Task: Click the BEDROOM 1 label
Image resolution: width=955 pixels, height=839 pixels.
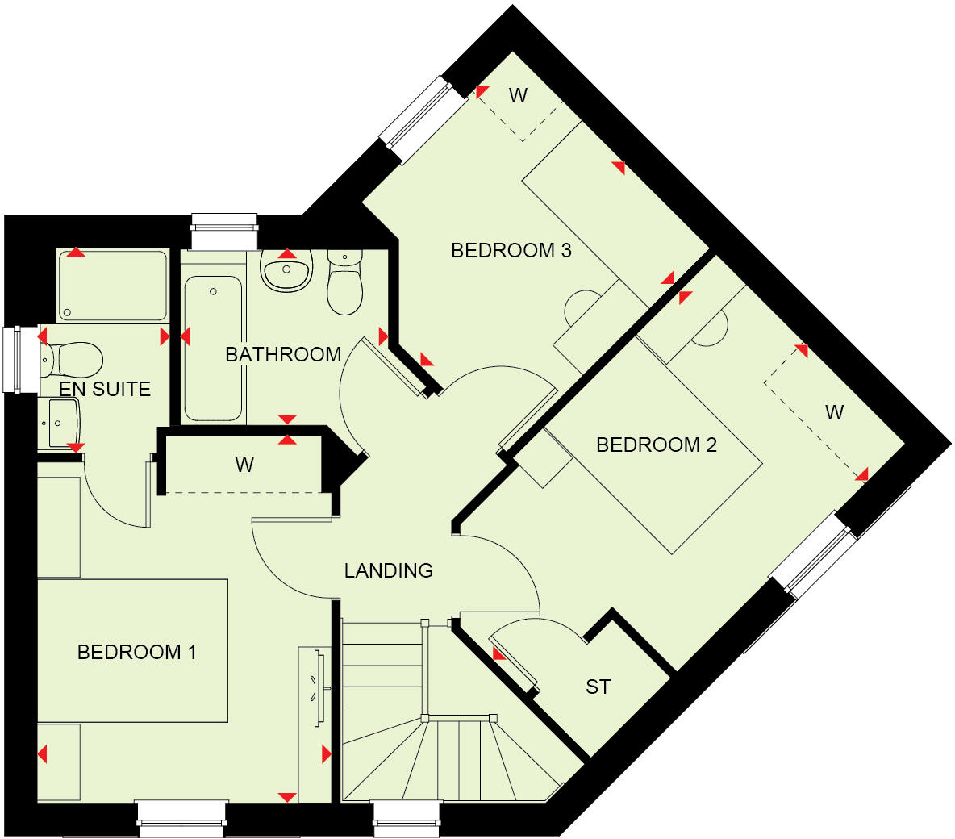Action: pos(136,652)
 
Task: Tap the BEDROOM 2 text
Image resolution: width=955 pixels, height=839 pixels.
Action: pos(656,445)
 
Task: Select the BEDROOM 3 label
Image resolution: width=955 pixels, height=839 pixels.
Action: pos(511,251)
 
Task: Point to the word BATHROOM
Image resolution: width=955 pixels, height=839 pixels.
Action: pos(283,354)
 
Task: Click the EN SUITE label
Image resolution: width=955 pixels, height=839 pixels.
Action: pos(105,390)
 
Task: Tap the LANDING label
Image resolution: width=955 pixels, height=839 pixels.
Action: pos(388,570)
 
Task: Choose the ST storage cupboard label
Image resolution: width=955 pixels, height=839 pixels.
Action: pos(598,687)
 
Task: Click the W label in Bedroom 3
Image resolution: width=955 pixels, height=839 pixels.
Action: pos(518,96)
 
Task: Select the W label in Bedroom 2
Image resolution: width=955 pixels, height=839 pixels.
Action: pos(834,413)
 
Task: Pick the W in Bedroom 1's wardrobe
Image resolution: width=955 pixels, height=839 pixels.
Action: pos(244,465)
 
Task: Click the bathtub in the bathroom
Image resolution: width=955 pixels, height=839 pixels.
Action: pos(213,347)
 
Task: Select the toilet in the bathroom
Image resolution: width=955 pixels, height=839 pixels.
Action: pos(345,282)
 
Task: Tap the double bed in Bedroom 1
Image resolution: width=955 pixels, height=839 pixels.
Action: pos(132,650)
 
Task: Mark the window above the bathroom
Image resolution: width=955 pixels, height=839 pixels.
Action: pos(224,231)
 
